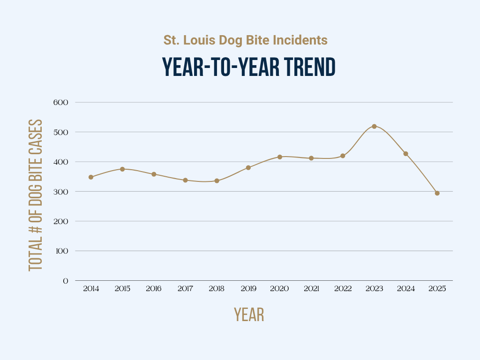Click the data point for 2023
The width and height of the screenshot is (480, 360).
(x=374, y=126)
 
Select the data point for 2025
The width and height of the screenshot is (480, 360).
(x=437, y=193)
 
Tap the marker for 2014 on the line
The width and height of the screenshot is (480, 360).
(x=91, y=177)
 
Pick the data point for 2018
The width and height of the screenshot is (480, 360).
(x=217, y=180)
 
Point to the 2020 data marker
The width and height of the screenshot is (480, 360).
(x=280, y=157)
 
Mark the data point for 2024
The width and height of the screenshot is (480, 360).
(x=405, y=154)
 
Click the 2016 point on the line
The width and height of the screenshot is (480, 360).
(x=154, y=174)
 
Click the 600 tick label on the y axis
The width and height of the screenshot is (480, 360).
(x=62, y=102)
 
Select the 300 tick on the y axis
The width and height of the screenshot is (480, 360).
(x=62, y=191)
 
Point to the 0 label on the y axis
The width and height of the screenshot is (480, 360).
(x=66, y=281)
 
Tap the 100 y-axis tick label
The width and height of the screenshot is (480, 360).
(x=62, y=251)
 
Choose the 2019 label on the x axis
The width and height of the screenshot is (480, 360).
(x=248, y=289)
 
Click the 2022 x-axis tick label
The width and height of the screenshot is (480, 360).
(x=343, y=289)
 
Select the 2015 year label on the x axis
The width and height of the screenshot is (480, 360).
(x=122, y=289)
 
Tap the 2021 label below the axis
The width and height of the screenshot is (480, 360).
(x=311, y=289)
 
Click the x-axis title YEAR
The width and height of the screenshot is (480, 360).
(x=249, y=315)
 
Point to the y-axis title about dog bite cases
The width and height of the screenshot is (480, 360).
(x=36, y=195)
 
